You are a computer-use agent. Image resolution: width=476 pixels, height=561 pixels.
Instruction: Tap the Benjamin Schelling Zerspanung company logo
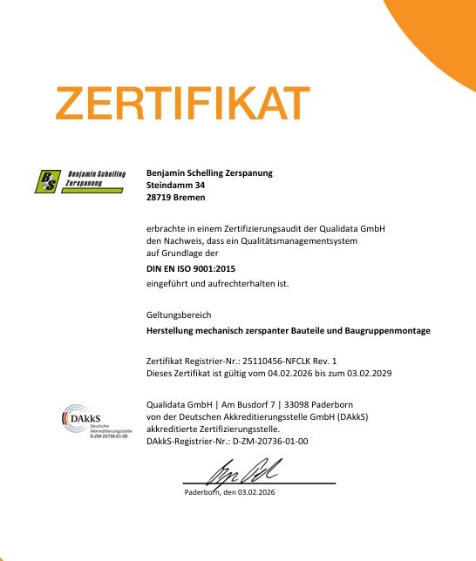76,179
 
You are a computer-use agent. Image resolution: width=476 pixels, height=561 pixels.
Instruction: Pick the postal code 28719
160,199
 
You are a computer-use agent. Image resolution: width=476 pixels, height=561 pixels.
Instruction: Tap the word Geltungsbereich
179,314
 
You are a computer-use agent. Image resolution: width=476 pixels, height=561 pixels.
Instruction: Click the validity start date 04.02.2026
279,374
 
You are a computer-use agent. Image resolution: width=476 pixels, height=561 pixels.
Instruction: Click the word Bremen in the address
190,199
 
